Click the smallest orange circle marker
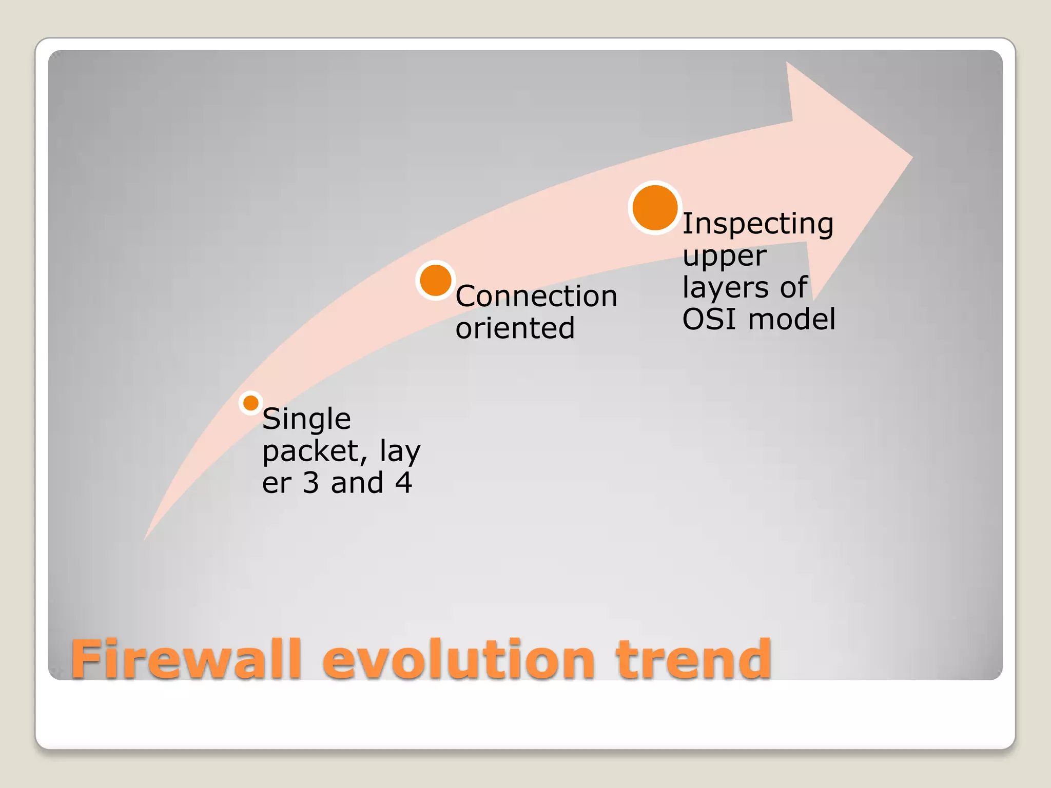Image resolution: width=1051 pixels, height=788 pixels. pyautogui.click(x=251, y=403)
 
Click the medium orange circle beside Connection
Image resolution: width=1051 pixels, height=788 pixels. pyautogui.click(x=436, y=281)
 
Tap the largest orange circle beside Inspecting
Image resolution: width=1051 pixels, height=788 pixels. pyautogui.click(x=655, y=208)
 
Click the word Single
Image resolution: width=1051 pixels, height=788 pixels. pyautogui.click(x=306, y=419)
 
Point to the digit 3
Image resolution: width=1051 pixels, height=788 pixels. pyautogui.click(x=311, y=483)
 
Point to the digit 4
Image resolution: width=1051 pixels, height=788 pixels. pyautogui.click(x=403, y=483)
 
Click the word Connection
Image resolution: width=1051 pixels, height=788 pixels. pyautogui.click(x=536, y=297)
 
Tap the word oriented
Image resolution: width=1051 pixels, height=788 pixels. pyautogui.click(x=515, y=328)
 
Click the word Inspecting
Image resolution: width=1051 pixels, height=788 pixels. pyautogui.click(x=757, y=224)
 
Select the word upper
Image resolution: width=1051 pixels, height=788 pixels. pyautogui.click(x=724, y=256)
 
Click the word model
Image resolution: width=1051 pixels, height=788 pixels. pyautogui.click(x=792, y=319)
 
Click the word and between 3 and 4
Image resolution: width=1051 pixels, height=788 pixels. pyautogui.click(x=357, y=483)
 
